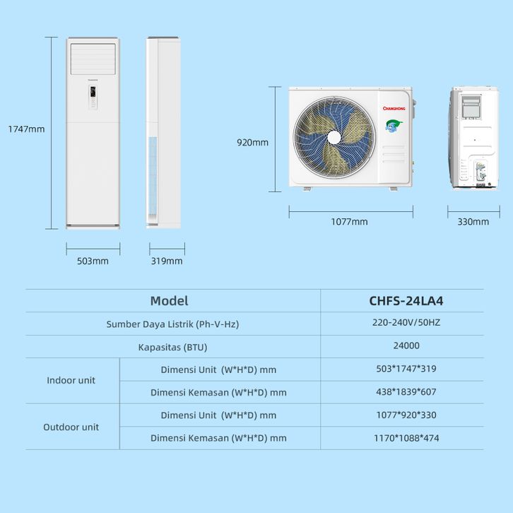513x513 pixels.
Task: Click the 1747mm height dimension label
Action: (x=26, y=129)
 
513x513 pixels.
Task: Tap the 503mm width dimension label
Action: (x=93, y=261)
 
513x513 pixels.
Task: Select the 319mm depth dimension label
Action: (x=167, y=261)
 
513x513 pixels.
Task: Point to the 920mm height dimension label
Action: (x=252, y=143)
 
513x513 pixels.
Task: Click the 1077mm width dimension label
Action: (x=349, y=222)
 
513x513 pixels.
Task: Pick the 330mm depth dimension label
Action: (x=473, y=222)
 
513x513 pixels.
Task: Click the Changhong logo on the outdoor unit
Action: (x=394, y=108)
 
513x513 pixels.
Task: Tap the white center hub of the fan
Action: (x=334, y=137)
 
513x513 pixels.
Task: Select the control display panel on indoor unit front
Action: (x=93, y=92)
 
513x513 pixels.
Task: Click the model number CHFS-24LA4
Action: (x=406, y=301)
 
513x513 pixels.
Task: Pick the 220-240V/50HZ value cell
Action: (x=406, y=323)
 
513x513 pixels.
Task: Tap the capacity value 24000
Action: (x=406, y=346)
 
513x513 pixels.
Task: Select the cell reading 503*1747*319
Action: (x=406, y=369)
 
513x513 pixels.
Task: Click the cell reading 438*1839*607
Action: (x=406, y=391)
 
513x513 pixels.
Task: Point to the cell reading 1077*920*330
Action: (x=406, y=415)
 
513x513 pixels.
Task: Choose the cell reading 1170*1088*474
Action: (x=406, y=438)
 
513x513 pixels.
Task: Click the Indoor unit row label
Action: (x=71, y=380)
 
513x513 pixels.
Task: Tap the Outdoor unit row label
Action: (x=71, y=427)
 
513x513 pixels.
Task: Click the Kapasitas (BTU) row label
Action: (x=172, y=347)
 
